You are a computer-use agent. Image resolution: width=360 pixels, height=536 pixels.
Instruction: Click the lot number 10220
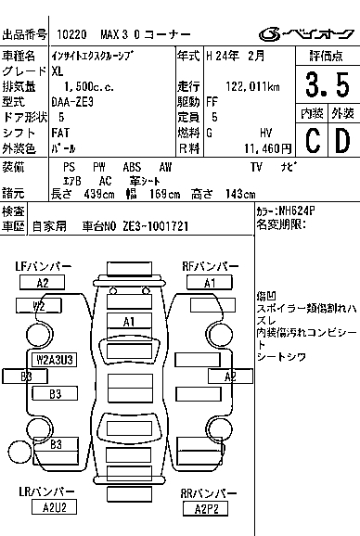coord(71,34)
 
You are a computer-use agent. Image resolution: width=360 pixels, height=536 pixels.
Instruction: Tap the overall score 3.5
coord(328,84)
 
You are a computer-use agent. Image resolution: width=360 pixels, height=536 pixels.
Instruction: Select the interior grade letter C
coord(313,140)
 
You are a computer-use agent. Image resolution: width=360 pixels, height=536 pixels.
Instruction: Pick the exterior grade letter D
coord(342,140)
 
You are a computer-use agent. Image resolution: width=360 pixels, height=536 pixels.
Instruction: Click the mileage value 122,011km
coord(252,86)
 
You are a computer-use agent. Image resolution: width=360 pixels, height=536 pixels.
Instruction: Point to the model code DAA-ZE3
coord(72,102)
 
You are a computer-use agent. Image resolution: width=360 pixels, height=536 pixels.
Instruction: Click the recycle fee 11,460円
coord(268,148)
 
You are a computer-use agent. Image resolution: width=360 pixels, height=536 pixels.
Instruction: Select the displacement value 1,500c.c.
coord(89,87)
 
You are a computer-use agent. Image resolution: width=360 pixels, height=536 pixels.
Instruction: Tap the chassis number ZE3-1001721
coord(156,226)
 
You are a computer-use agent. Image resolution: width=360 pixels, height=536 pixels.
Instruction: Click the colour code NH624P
coord(297,211)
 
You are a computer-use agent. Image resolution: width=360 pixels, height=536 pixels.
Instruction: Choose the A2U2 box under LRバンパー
coord(54,507)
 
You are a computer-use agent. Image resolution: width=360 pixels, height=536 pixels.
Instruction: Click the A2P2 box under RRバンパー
coord(205,509)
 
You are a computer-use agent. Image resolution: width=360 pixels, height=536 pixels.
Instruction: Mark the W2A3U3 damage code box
coord(55,360)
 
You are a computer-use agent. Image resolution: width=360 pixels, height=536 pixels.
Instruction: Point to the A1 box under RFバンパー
coord(210,283)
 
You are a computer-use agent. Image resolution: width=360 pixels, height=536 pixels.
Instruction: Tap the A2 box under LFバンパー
coord(42,283)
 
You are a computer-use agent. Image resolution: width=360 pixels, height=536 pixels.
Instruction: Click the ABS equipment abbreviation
coord(132,167)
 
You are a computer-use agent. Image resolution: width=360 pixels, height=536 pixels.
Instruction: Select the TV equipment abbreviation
coord(256,167)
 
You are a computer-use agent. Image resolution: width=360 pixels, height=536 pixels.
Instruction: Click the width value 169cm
coord(165,195)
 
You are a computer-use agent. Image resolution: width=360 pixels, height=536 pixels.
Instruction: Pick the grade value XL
coord(58,71)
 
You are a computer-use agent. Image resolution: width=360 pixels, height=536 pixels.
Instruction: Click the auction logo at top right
coord(306,34)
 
